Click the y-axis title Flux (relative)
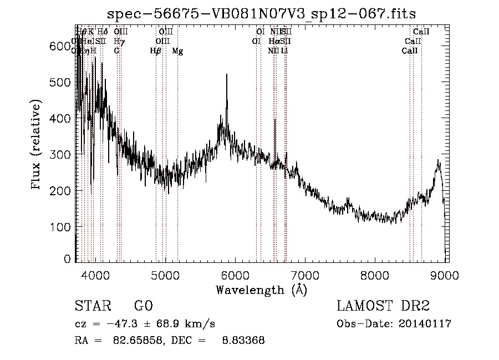[x=37, y=145]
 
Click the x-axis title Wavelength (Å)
[x=261, y=290]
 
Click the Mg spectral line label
[x=177, y=51]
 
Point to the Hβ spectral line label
[x=156, y=51]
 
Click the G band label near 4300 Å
[x=116, y=51]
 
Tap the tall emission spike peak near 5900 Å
[x=227, y=75]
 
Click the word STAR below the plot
[x=91, y=306]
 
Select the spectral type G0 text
[x=144, y=306]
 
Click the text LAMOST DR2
[x=383, y=306]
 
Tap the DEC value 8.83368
[x=242, y=341]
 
